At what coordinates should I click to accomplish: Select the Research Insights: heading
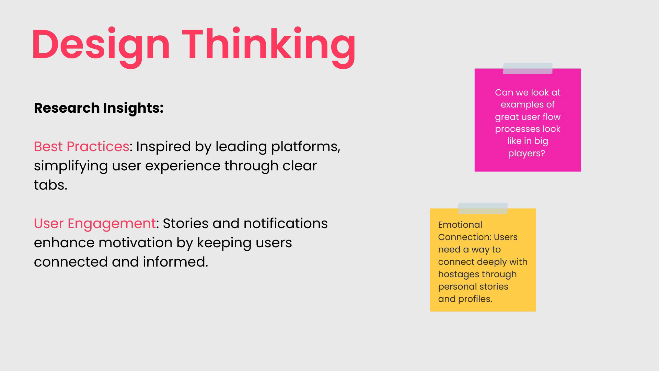pos(99,108)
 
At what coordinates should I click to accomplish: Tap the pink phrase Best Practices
pos(82,146)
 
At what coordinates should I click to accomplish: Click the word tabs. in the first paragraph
pos(50,185)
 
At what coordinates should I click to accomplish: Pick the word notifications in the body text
pos(286,223)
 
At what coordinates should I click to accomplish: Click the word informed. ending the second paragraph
pos(175,262)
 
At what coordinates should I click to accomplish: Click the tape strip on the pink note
pos(528,68)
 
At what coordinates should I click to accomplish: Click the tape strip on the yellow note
pos(483,208)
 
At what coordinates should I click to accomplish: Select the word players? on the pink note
pos(527,153)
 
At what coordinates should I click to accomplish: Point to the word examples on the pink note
pos(518,105)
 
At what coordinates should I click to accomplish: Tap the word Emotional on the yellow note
pos(460,225)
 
